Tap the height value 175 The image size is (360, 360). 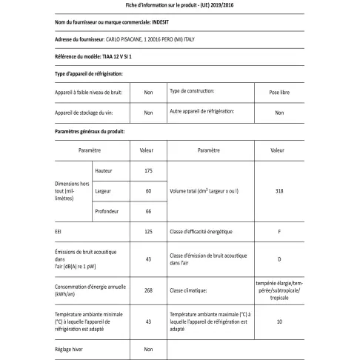click(x=147, y=171)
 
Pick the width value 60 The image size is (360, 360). click(x=147, y=192)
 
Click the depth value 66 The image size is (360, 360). click(x=147, y=212)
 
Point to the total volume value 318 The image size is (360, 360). click(x=279, y=192)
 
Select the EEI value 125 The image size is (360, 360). click(x=147, y=233)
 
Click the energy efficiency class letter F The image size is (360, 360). click(x=279, y=233)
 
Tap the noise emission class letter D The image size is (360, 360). click(x=279, y=259)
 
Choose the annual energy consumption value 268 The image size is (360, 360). click(x=147, y=290)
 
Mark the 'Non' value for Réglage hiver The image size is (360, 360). click(x=147, y=348)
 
